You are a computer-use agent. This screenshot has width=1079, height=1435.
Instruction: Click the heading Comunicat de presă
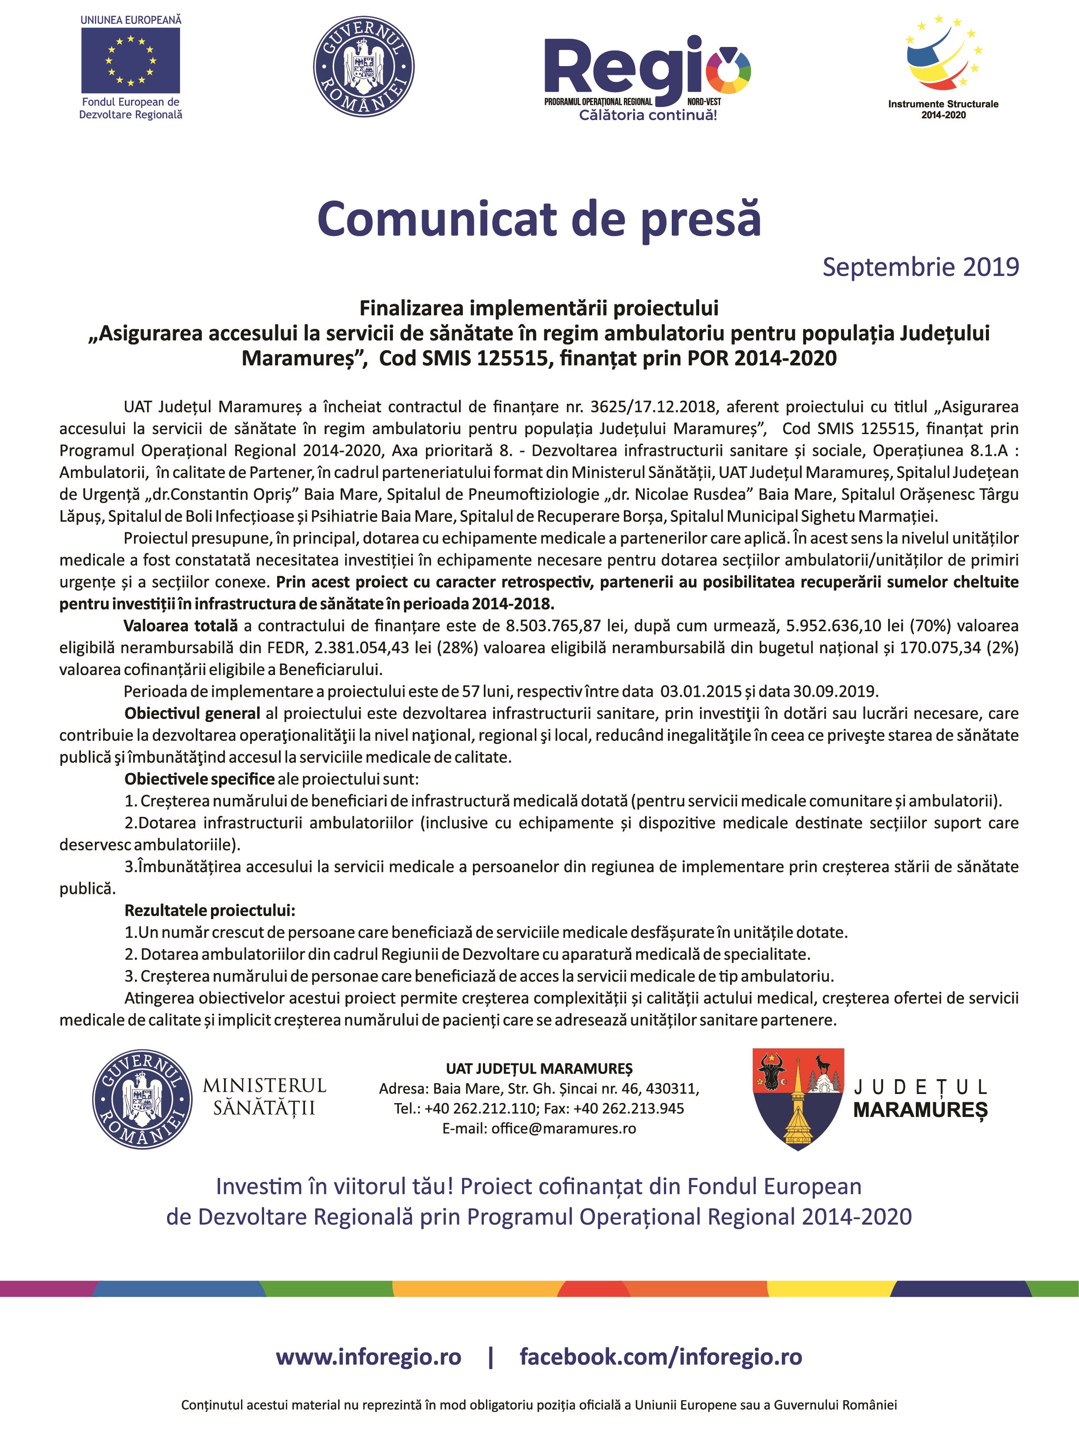pos(539,219)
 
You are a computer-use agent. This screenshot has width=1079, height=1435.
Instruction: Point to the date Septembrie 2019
pos(920,267)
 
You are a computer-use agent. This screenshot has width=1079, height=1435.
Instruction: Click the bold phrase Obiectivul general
pos(192,713)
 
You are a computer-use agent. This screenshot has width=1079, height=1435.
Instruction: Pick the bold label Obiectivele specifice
pos(199,779)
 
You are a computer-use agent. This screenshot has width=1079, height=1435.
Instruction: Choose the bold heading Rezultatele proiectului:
pos(210,910)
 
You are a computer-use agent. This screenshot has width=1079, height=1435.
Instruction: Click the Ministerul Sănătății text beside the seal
pos(264,1096)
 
